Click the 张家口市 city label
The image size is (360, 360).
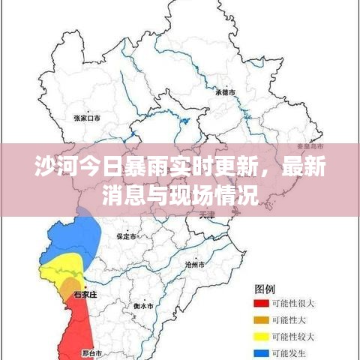coord(88,118)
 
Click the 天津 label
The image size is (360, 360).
coord(208,214)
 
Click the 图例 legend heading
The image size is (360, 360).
coord(265,288)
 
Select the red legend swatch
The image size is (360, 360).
coord(260,303)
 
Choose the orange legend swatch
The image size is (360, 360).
coord(260,319)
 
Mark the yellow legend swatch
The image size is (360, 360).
coord(260,335)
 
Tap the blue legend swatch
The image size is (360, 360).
coord(260,351)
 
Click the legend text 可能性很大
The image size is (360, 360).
coord(293,303)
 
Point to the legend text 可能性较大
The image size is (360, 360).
coord(293,335)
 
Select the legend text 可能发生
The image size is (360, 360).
coord(289,351)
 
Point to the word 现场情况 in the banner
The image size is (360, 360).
coord(222,196)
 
